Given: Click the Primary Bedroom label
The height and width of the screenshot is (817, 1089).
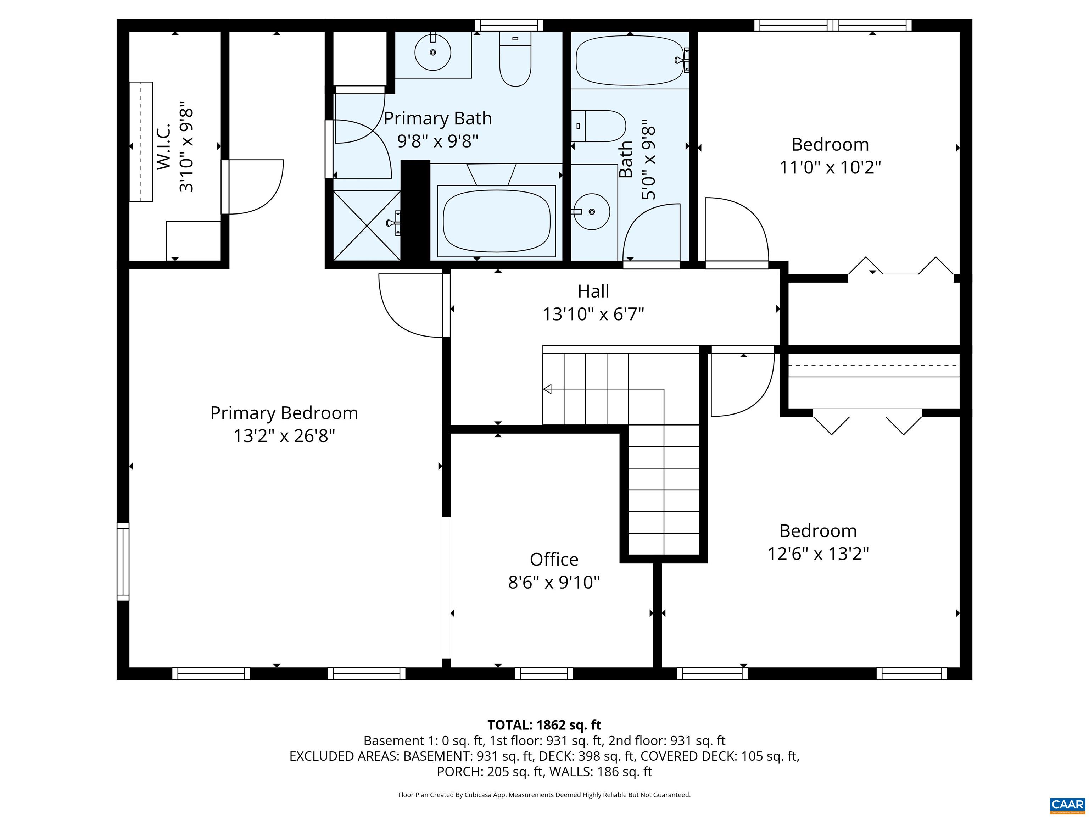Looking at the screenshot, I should [x=284, y=413].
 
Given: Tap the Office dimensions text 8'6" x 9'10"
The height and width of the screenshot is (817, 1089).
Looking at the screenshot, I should [x=554, y=583].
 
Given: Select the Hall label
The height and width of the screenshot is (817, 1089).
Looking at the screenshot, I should [x=593, y=291].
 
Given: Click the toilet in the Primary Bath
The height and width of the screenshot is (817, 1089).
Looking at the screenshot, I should [x=515, y=59].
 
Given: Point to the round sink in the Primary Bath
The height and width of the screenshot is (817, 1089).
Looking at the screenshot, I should [x=433, y=52].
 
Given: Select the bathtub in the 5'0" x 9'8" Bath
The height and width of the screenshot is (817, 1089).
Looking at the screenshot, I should [x=630, y=60].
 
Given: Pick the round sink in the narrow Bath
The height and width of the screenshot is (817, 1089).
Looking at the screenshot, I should [x=592, y=212].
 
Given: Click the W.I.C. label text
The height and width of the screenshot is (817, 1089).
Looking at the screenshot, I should [x=164, y=147].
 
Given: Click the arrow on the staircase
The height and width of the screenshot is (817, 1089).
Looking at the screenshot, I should [x=547, y=389].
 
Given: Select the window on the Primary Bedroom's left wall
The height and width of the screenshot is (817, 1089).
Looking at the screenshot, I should [x=123, y=561].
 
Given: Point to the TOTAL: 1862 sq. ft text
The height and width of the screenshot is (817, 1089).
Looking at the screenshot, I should [x=544, y=725].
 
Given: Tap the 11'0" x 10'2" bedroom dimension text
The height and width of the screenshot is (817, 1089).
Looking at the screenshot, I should [x=830, y=167].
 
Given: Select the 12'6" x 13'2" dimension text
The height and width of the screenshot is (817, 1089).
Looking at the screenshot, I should [x=818, y=554].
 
